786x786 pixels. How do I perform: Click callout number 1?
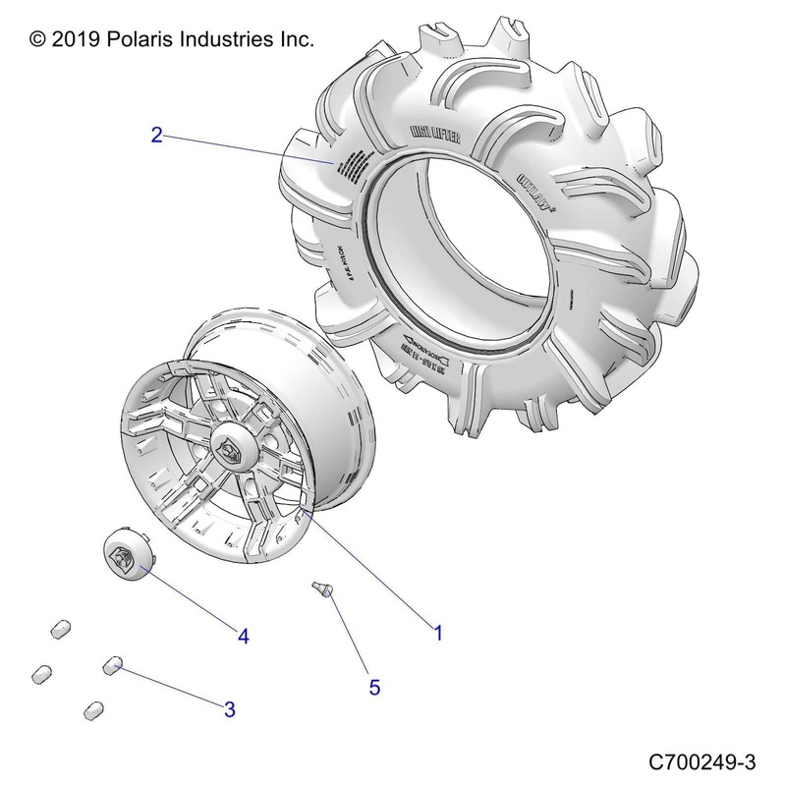[438, 634]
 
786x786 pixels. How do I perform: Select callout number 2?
[156, 135]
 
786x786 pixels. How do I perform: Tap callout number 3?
[229, 709]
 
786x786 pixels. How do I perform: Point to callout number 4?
[242, 637]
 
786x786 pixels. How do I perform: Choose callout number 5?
[374, 687]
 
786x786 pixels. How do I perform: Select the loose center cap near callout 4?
[126, 554]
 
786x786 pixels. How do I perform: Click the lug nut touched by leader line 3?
[111, 667]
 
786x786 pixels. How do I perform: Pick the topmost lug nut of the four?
[61, 627]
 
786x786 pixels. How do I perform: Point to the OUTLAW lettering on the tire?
[533, 183]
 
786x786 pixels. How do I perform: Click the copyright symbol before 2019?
[38, 40]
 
